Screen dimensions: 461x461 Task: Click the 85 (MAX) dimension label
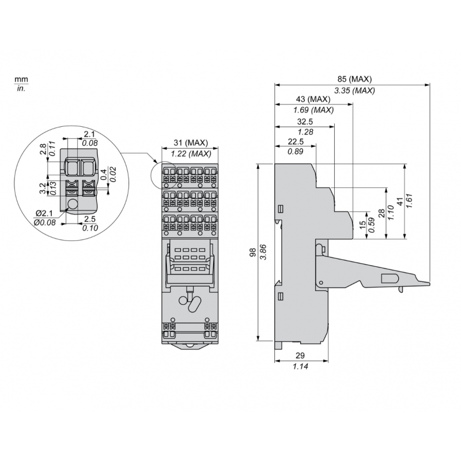point(354,79)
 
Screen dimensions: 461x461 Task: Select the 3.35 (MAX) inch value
point(354,90)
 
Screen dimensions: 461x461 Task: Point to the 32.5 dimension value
point(305,122)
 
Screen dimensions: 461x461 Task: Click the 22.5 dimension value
point(296,142)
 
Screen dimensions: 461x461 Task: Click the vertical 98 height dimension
point(252,252)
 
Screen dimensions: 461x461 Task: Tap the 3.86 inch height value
point(263,252)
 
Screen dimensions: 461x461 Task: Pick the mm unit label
point(21,79)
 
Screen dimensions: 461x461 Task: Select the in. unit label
point(21,89)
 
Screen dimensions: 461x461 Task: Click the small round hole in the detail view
point(73,205)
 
